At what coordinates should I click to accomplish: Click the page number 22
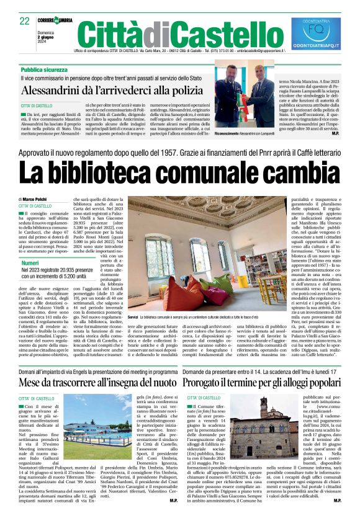[25, 20]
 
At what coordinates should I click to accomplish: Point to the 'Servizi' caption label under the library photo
[133, 316]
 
